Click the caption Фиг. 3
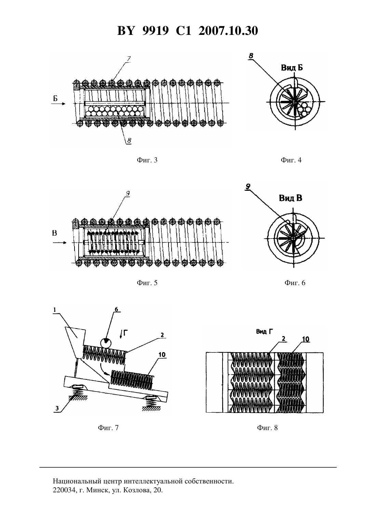click(147, 160)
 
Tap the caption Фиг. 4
click(291, 160)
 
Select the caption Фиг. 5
click(147, 283)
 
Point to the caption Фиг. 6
click(295, 283)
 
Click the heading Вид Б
click(292, 68)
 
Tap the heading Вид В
click(291, 198)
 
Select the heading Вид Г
click(265, 332)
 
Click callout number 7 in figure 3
click(129, 59)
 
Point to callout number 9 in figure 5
click(127, 194)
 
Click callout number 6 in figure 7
click(116, 309)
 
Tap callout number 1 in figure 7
click(55, 310)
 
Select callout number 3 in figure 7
click(57, 408)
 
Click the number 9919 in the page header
click(156, 31)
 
